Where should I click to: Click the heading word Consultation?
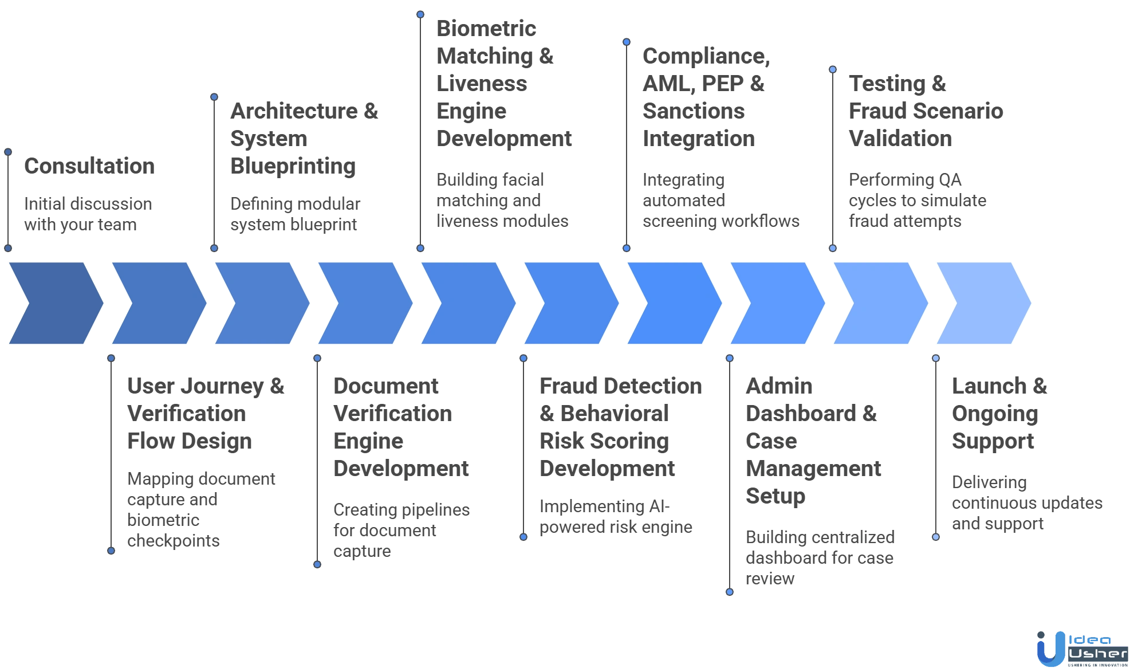(89, 166)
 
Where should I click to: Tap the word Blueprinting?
(293, 166)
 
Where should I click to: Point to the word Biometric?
(485, 29)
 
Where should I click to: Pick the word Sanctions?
(694, 111)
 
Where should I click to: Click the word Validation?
(900, 139)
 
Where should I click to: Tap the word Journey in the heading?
(220, 386)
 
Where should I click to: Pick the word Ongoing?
(995, 414)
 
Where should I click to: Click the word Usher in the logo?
(1098, 653)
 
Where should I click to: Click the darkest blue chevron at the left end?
(54, 303)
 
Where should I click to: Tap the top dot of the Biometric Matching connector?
(420, 14)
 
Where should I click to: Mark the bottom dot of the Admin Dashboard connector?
(729, 591)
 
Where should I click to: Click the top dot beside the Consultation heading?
(8, 152)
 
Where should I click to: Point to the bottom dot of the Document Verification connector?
(317, 564)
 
